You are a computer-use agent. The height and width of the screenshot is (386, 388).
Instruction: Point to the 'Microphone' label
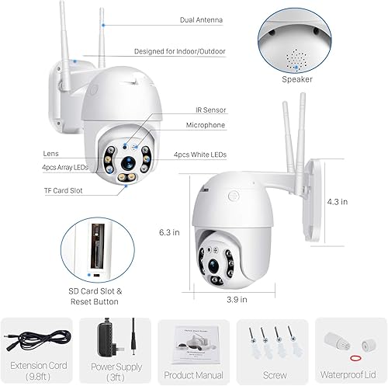(x=204, y=125)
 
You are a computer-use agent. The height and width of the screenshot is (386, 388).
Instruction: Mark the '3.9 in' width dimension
(x=237, y=298)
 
